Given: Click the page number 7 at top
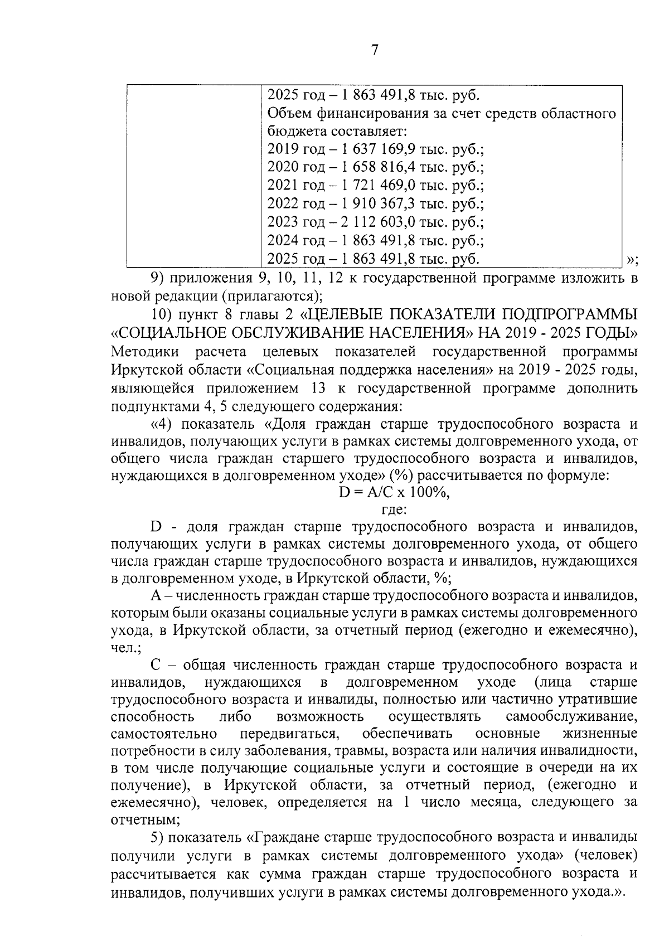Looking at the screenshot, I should tap(375, 50).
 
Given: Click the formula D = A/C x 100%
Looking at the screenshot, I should tap(394, 492).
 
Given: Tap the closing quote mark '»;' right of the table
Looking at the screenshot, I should tap(632, 259).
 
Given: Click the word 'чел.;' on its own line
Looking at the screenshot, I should tap(127, 648).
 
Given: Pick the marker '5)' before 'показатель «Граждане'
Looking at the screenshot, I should tap(157, 838).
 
